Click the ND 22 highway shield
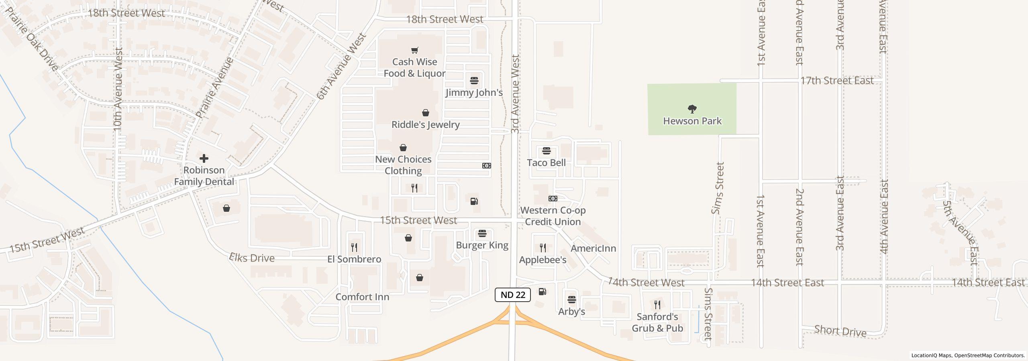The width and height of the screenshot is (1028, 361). coord(513,295)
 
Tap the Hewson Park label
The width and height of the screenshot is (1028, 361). coord(692,121)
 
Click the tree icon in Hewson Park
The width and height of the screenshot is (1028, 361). coord(692,109)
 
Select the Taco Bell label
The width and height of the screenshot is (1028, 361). coord(546,162)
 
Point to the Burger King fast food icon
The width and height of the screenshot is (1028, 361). coord(482,233)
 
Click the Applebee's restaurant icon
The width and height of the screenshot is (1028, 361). coord(543,247)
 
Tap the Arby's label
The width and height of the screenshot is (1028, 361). coord(571,311)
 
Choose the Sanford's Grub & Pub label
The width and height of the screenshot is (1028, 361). coord(657,322)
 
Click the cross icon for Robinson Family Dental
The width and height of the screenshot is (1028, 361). coord(204,158)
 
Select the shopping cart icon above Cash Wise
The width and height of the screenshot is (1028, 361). coord(415,50)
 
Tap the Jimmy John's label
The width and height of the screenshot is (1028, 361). coord(474,93)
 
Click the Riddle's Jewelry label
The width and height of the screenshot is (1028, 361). coord(425,124)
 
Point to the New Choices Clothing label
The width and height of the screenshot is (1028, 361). coord(403,165)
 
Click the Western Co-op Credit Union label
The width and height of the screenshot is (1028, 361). coord(553,216)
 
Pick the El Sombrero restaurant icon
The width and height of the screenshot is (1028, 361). coord(354,247)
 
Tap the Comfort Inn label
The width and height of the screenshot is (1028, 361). coord(362,297)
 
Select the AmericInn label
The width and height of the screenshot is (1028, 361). coord(593,248)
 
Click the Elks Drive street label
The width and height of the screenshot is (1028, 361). coord(252,258)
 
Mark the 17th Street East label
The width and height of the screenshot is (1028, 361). coord(837,81)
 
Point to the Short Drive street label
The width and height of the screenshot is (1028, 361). coord(840,331)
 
